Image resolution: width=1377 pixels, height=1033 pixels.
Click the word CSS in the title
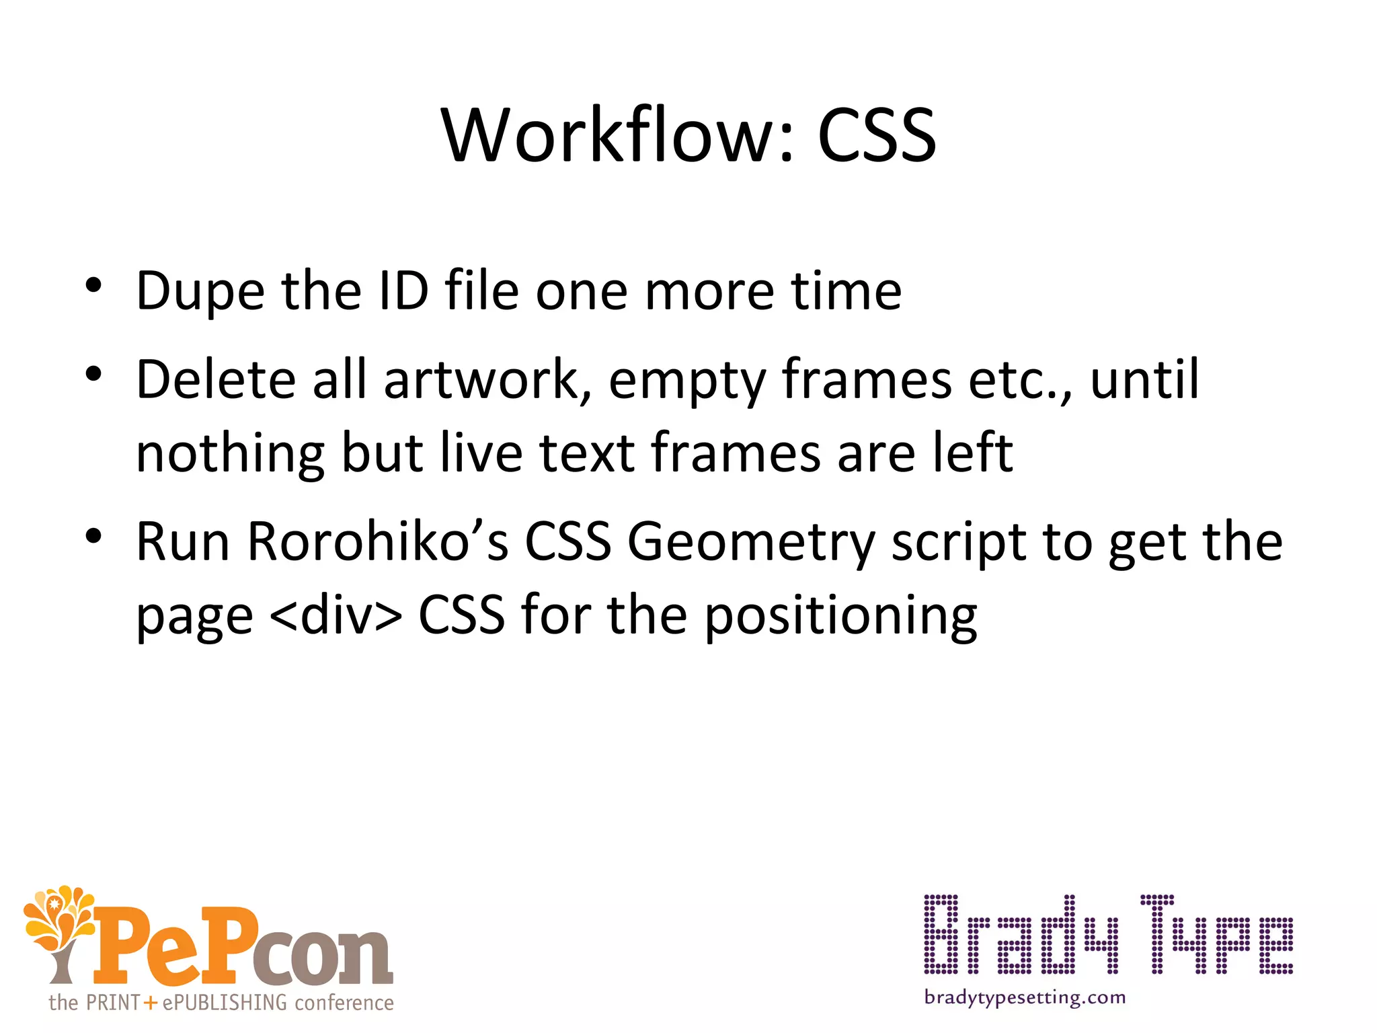pyautogui.click(x=876, y=137)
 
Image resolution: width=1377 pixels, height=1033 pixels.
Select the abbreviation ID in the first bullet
pyautogui.click(x=403, y=291)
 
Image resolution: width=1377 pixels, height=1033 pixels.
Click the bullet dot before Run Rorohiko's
pyautogui.click(x=93, y=536)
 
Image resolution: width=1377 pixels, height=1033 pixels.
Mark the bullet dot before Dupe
pyautogui.click(x=93, y=285)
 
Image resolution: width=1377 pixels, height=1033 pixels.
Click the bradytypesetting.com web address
pyautogui.click(x=1025, y=997)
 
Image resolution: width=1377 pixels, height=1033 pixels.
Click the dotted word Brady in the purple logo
pyautogui.click(x=1021, y=935)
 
